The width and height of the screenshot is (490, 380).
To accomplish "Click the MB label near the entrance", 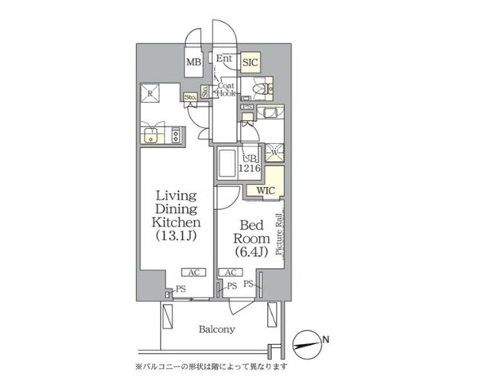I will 194,62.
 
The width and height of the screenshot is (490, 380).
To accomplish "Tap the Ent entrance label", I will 225,59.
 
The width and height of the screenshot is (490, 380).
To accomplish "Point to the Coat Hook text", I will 226,90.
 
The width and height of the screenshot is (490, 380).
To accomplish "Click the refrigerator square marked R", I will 152,94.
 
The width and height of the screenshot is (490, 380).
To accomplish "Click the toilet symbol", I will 263,88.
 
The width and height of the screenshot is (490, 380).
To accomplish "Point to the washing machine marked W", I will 275,151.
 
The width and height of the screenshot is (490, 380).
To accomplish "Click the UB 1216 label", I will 249,163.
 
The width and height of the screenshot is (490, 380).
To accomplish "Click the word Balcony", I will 216,329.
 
